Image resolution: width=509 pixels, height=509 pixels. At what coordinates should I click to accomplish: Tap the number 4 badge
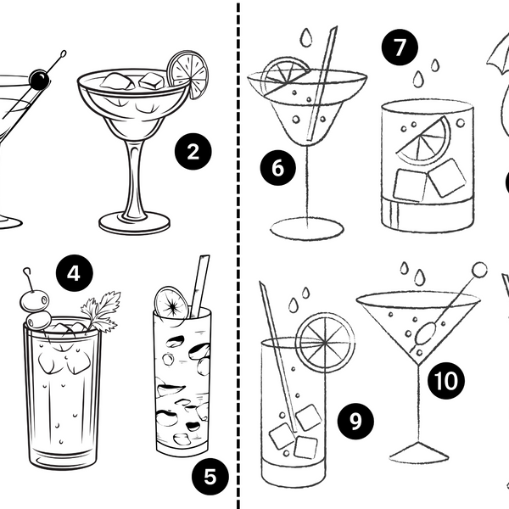point(75,274)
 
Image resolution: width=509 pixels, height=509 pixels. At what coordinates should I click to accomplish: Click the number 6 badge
point(277,168)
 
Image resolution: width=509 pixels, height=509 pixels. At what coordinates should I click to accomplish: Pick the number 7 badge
point(399,48)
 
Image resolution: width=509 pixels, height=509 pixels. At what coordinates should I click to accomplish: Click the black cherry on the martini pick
point(38,81)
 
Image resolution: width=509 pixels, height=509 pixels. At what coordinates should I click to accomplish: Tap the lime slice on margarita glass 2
point(187,73)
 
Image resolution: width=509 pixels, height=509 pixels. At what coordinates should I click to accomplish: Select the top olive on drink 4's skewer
point(33,300)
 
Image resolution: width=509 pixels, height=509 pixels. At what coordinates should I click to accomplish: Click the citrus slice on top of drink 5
point(171,303)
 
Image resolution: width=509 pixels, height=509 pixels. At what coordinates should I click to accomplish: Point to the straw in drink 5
point(199,284)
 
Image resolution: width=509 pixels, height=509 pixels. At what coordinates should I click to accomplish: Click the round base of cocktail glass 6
point(307,227)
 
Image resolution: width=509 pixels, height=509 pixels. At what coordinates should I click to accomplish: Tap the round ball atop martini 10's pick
point(480,270)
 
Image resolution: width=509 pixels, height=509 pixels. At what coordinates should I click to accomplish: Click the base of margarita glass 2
point(134,222)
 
